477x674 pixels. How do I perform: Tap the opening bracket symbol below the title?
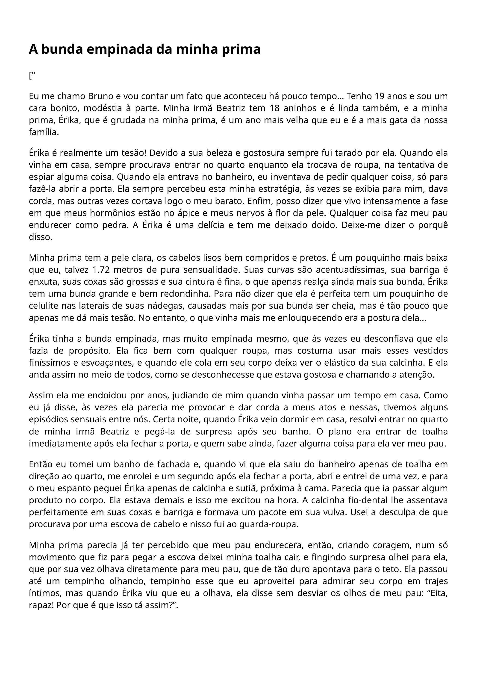point(30,76)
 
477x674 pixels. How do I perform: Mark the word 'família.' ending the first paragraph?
point(44,132)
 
